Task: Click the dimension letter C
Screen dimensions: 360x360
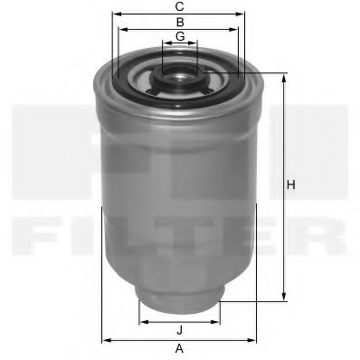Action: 180,6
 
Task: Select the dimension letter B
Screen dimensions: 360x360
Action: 180,21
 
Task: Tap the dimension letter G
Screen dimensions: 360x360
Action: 180,35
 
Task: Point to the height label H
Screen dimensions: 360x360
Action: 291,186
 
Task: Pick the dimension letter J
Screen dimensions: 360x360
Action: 180,329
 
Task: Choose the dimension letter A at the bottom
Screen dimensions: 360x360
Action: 179,348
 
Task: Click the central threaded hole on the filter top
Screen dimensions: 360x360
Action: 180,71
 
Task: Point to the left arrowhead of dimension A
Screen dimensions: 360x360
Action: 105,339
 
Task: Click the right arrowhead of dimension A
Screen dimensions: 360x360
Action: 256,339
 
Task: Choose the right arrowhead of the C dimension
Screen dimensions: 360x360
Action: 244,14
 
